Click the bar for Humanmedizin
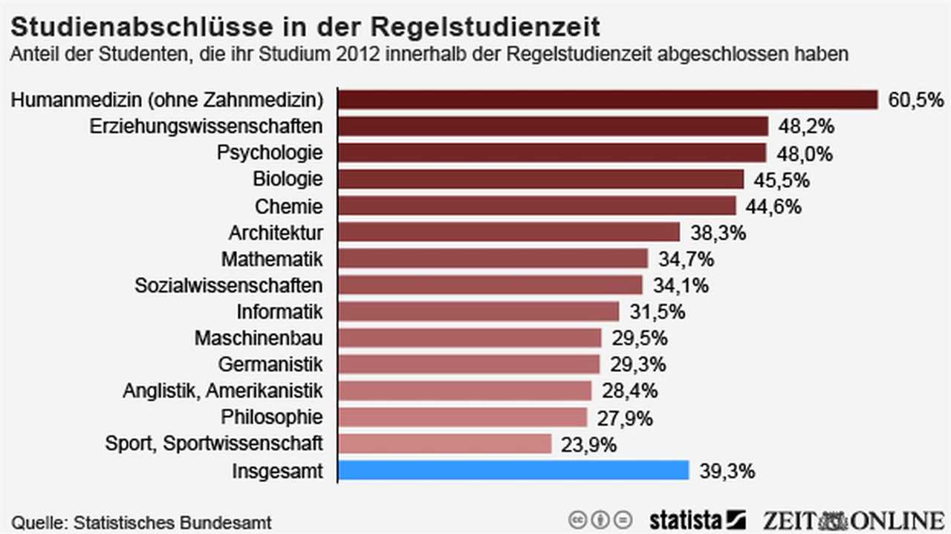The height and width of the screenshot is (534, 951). pyautogui.click(x=608, y=100)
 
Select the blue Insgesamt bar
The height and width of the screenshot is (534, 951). pyautogui.click(x=514, y=470)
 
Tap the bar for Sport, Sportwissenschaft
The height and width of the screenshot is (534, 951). pyautogui.click(x=445, y=443)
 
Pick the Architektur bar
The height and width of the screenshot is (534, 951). pyautogui.click(x=509, y=232)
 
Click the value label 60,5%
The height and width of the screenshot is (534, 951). pyautogui.click(x=915, y=100)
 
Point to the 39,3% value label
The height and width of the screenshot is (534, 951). pyautogui.click(x=727, y=470)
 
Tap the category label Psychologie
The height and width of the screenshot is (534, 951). pyautogui.click(x=270, y=153)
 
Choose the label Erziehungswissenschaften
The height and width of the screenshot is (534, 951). pyautogui.click(x=207, y=126)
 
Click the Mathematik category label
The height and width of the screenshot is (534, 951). pyautogui.click(x=272, y=259)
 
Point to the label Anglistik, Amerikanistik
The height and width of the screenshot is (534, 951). pyautogui.click(x=223, y=391)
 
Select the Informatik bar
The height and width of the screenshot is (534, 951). pyautogui.click(x=478, y=311)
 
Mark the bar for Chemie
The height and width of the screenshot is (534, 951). pyautogui.click(x=537, y=206)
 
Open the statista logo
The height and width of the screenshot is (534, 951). pyautogui.click(x=697, y=518)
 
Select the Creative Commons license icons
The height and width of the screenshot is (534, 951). pyautogui.click(x=600, y=518)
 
